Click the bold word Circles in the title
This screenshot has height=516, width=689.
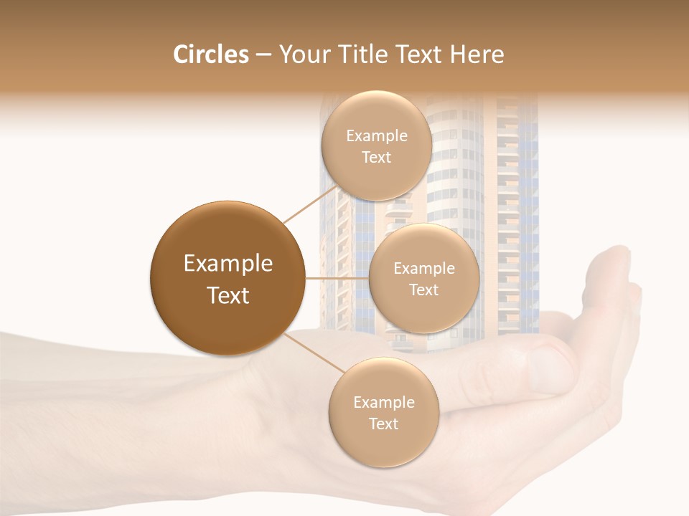210,54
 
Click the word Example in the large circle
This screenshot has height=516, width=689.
228,264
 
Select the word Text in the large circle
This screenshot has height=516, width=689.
228,295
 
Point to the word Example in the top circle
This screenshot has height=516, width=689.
377,136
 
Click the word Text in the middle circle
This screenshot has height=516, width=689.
423,290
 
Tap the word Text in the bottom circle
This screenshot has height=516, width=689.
383,424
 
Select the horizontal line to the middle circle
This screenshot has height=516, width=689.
337,278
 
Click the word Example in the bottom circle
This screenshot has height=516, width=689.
383,403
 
